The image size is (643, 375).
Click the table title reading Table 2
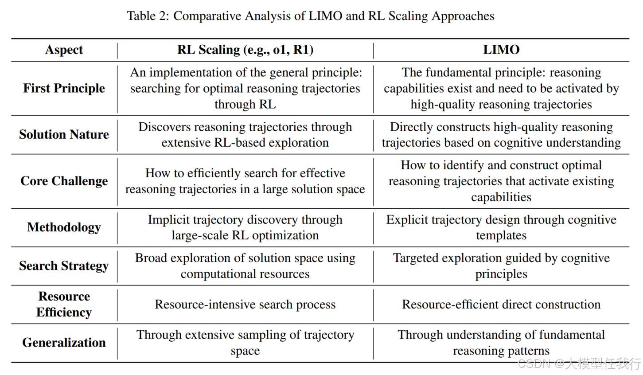click(x=310, y=16)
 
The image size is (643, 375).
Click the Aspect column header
click(x=64, y=50)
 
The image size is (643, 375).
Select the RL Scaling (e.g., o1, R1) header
click(x=245, y=50)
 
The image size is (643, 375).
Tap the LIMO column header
click(x=501, y=50)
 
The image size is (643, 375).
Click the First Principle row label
click(x=64, y=88)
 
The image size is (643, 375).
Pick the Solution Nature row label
click(x=64, y=134)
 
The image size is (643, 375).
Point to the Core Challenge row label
click(x=64, y=181)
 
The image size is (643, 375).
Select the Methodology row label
click(x=64, y=227)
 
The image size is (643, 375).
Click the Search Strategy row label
click(x=64, y=266)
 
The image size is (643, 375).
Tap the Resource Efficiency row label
click(x=64, y=304)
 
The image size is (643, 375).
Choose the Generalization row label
click(x=64, y=342)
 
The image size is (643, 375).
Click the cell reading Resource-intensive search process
click(x=245, y=305)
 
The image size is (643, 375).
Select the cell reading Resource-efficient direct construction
click(x=501, y=305)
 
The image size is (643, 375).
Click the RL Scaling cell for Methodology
click(x=245, y=227)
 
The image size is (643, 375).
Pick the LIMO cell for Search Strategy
click(x=501, y=266)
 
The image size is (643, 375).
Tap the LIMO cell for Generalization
click(x=501, y=342)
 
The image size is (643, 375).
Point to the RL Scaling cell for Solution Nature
click(x=245, y=134)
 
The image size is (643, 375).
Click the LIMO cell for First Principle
click(x=501, y=88)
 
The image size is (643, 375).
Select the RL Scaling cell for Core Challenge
click(x=245, y=181)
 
